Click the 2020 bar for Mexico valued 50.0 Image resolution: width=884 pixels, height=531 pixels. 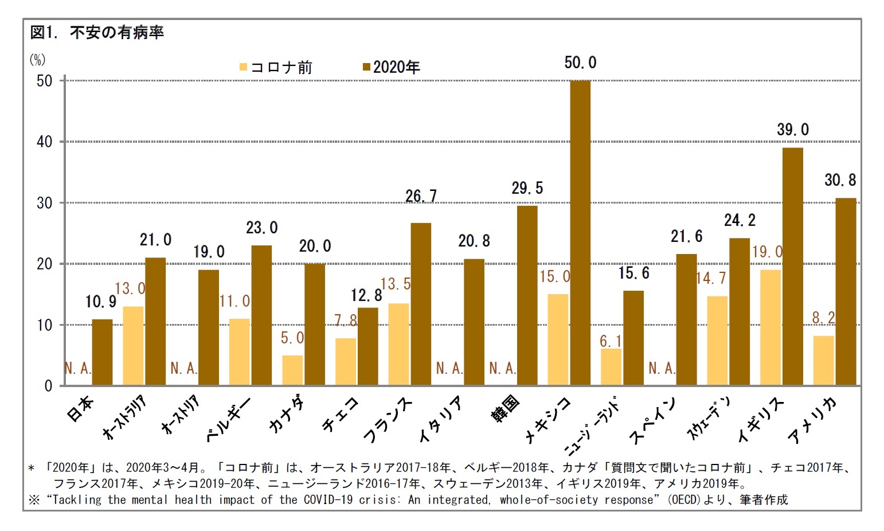tap(580, 232)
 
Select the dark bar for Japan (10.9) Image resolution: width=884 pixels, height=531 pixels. tap(102, 352)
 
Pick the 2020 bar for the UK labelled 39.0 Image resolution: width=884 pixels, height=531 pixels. tap(792, 266)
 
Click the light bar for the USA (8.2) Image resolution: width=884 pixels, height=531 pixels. tap(823, 360)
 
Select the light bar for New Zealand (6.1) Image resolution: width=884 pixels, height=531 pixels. tap(611, 366)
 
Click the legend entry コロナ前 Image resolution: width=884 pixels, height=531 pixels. tap(276, 68)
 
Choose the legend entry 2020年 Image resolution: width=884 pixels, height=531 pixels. tap(392, 68)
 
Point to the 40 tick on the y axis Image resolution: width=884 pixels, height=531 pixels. tap(44, 142)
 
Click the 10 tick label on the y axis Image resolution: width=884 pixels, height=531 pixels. tap(44, 325)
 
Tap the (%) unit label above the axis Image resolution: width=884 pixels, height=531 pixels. tap(37, 60)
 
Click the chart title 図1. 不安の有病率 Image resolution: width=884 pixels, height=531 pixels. tap(97, 33)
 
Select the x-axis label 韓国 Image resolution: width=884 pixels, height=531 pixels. tap(506, 408)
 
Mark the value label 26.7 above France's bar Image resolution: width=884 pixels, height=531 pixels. tap(421, 197)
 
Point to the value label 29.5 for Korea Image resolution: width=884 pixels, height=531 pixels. tap(527, 188)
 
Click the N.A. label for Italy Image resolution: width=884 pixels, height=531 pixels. tap(449, 368)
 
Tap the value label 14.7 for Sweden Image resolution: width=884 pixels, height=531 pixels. tap(711, 279)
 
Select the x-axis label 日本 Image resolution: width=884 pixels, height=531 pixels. tap(80, 408)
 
